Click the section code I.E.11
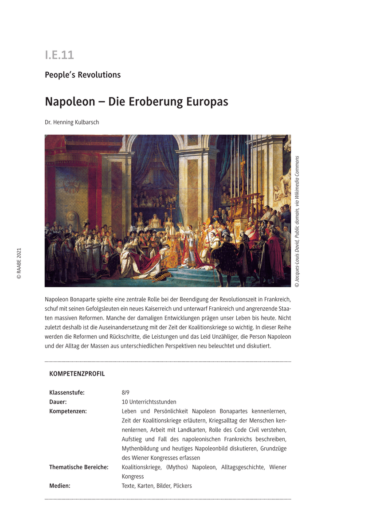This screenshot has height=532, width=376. [x=59, y=55]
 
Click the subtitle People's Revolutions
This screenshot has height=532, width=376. [x=82, y=75]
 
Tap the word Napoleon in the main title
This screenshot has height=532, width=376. [x=70, y=102]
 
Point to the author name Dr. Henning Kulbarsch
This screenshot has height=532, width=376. [x=72, y=122]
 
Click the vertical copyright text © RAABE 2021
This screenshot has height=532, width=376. [x=19, y=263]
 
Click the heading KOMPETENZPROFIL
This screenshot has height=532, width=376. [x=77, y=374]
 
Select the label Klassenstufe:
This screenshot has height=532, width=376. [x=67, y=392]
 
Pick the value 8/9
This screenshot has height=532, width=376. [x=125, y=392]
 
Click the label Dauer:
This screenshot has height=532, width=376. [x=58, y=402]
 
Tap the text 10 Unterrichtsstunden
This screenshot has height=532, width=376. [x=149, y=402]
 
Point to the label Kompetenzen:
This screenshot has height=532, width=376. [x=68, y=411]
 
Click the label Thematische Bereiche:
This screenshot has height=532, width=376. [x=79, y=467]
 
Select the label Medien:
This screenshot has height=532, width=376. [x=60, y=485]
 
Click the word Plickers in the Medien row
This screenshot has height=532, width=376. [x=182, y=485]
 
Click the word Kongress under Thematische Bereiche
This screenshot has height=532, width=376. [x=133, y=476]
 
